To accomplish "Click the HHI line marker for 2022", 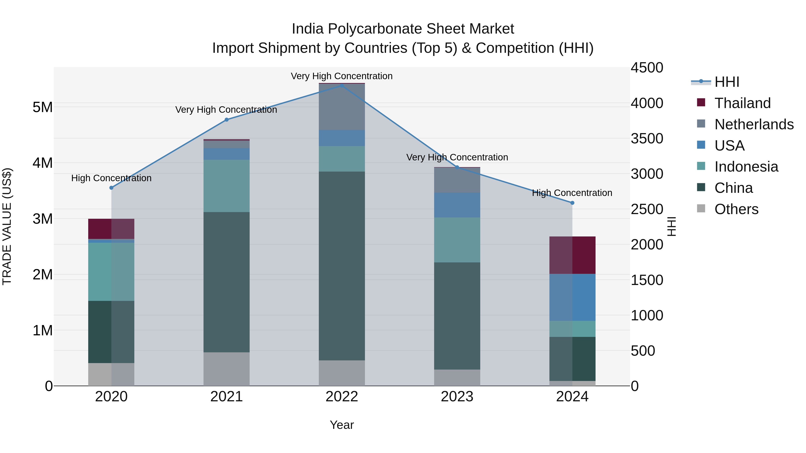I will click(x=342, y=85).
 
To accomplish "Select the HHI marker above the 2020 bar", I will click(x=111, y=188).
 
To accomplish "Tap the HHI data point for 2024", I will click(x=572, y=203).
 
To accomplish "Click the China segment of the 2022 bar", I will click(x=342, y=266).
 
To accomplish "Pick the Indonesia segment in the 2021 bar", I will click(x=227, y=186).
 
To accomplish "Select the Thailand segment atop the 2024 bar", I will click(x=572, y=255).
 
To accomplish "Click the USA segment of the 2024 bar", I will click(x=572, y=297).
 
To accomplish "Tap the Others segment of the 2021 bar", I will click(x=227, y=369).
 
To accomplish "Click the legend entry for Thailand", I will click(x=742, y=103).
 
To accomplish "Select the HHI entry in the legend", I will click(x=727, y=82).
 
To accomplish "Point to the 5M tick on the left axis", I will click(x=43, y=107).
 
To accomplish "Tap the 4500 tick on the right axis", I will click(x=646, y=68).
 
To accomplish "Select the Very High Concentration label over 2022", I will click(x=342, y=76).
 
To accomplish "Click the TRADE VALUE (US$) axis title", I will click(x=8, y=226).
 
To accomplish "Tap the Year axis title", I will click(x=342, y=425).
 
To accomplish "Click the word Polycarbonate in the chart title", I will click(x=375, y=29).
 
